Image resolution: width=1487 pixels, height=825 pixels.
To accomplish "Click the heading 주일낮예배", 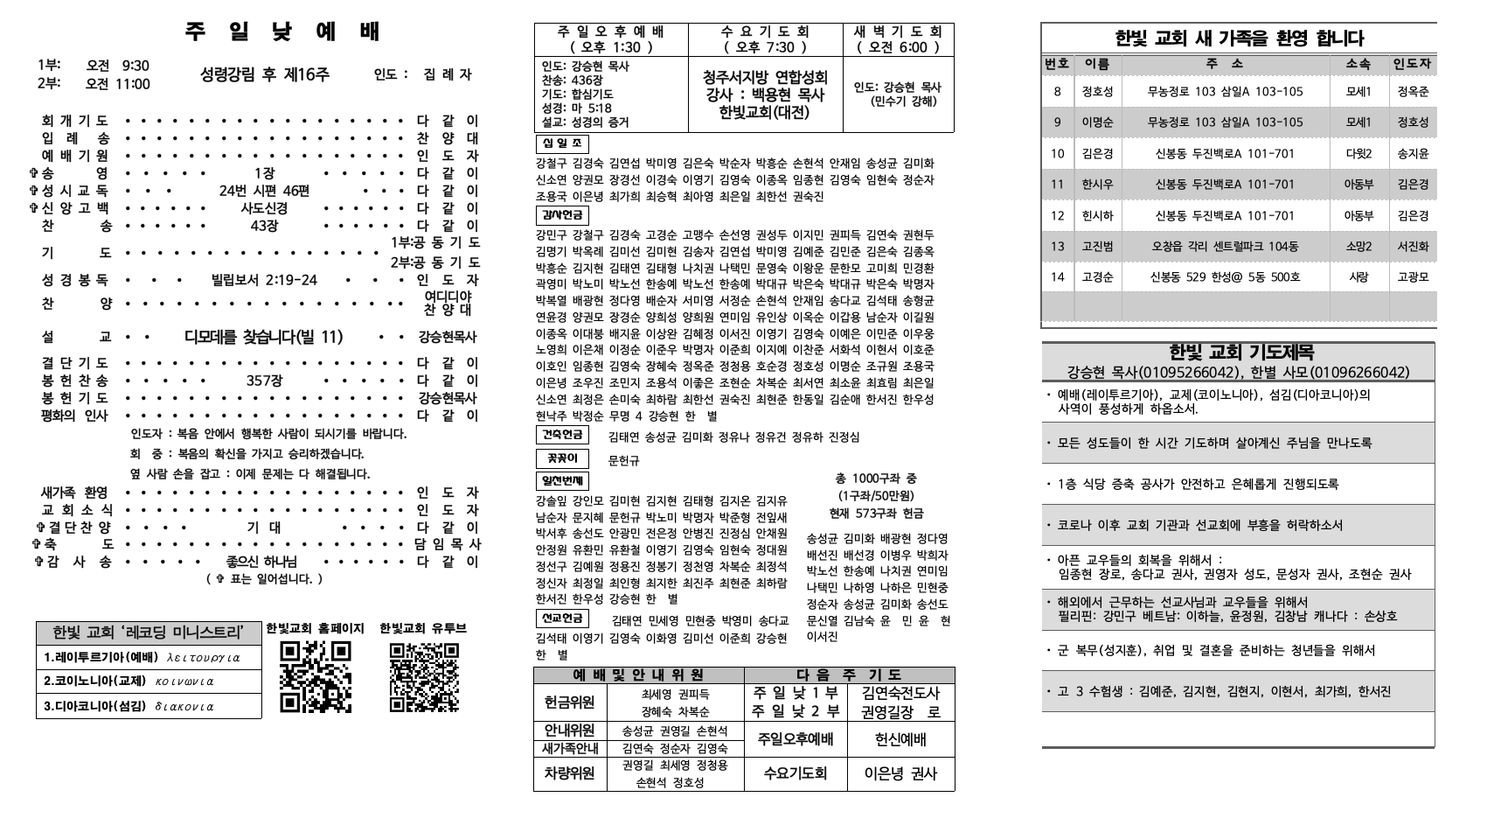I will (283, 32).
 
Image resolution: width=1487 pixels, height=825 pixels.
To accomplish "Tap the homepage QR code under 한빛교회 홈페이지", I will (316, 676).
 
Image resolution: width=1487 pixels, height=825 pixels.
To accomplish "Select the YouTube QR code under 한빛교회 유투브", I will (424, 676).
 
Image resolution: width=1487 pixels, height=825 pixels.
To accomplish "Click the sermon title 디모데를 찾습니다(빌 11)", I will (263, 337).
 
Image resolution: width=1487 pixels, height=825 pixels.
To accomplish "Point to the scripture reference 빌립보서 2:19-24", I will (264, 280).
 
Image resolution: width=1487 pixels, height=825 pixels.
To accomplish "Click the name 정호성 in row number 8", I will (1097, 92).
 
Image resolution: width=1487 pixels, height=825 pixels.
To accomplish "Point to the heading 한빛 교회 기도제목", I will (1239, 353).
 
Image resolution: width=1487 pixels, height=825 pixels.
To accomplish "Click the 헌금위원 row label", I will (569, 703).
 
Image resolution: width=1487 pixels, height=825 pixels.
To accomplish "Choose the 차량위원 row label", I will (569, 773).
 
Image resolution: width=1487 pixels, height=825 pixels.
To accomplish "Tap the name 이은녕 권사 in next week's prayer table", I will (900, 773).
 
